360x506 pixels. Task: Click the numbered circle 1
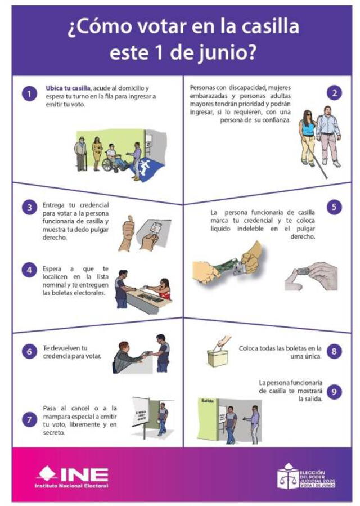pyautogui.click(x=29, y=93)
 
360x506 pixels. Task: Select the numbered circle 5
pyautogui.click(x=335, y=207)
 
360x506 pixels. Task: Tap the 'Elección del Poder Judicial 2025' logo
pyautogui.click(x=307, y=476)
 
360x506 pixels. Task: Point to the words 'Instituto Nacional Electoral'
pyautogui.click(x=71, y=485)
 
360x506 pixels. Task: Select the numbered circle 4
pyautogui.click(x=29, y=269)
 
